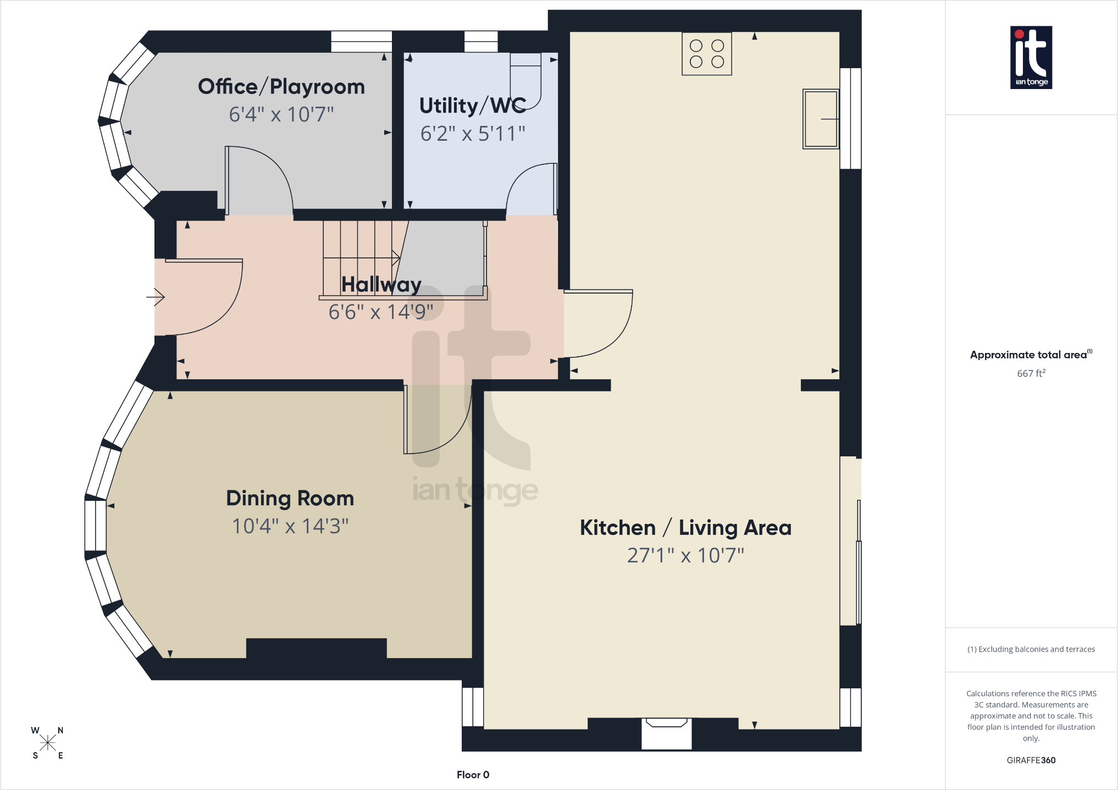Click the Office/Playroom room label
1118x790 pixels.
[281, 87]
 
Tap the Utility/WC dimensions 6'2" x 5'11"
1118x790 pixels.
[473, 134]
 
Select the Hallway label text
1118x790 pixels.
[381, 285]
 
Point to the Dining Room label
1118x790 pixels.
[290, 499]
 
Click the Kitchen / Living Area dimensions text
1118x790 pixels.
[685, 555]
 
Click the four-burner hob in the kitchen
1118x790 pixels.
[707, 53]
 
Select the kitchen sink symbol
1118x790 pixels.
[821, 119]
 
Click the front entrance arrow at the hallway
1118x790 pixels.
[156, 297]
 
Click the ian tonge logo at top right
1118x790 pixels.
[1031, 57]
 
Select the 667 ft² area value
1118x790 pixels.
[1031, 373]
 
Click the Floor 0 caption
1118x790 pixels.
[473, 775]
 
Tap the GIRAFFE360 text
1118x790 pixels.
[1031, 760]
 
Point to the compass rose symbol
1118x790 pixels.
[48, 743]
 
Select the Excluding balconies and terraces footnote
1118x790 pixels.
[1031, 649]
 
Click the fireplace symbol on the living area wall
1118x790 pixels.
[667, 733]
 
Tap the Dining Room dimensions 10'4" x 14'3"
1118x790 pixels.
[290, 526]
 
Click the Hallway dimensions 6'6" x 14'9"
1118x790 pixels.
[381, 312]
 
